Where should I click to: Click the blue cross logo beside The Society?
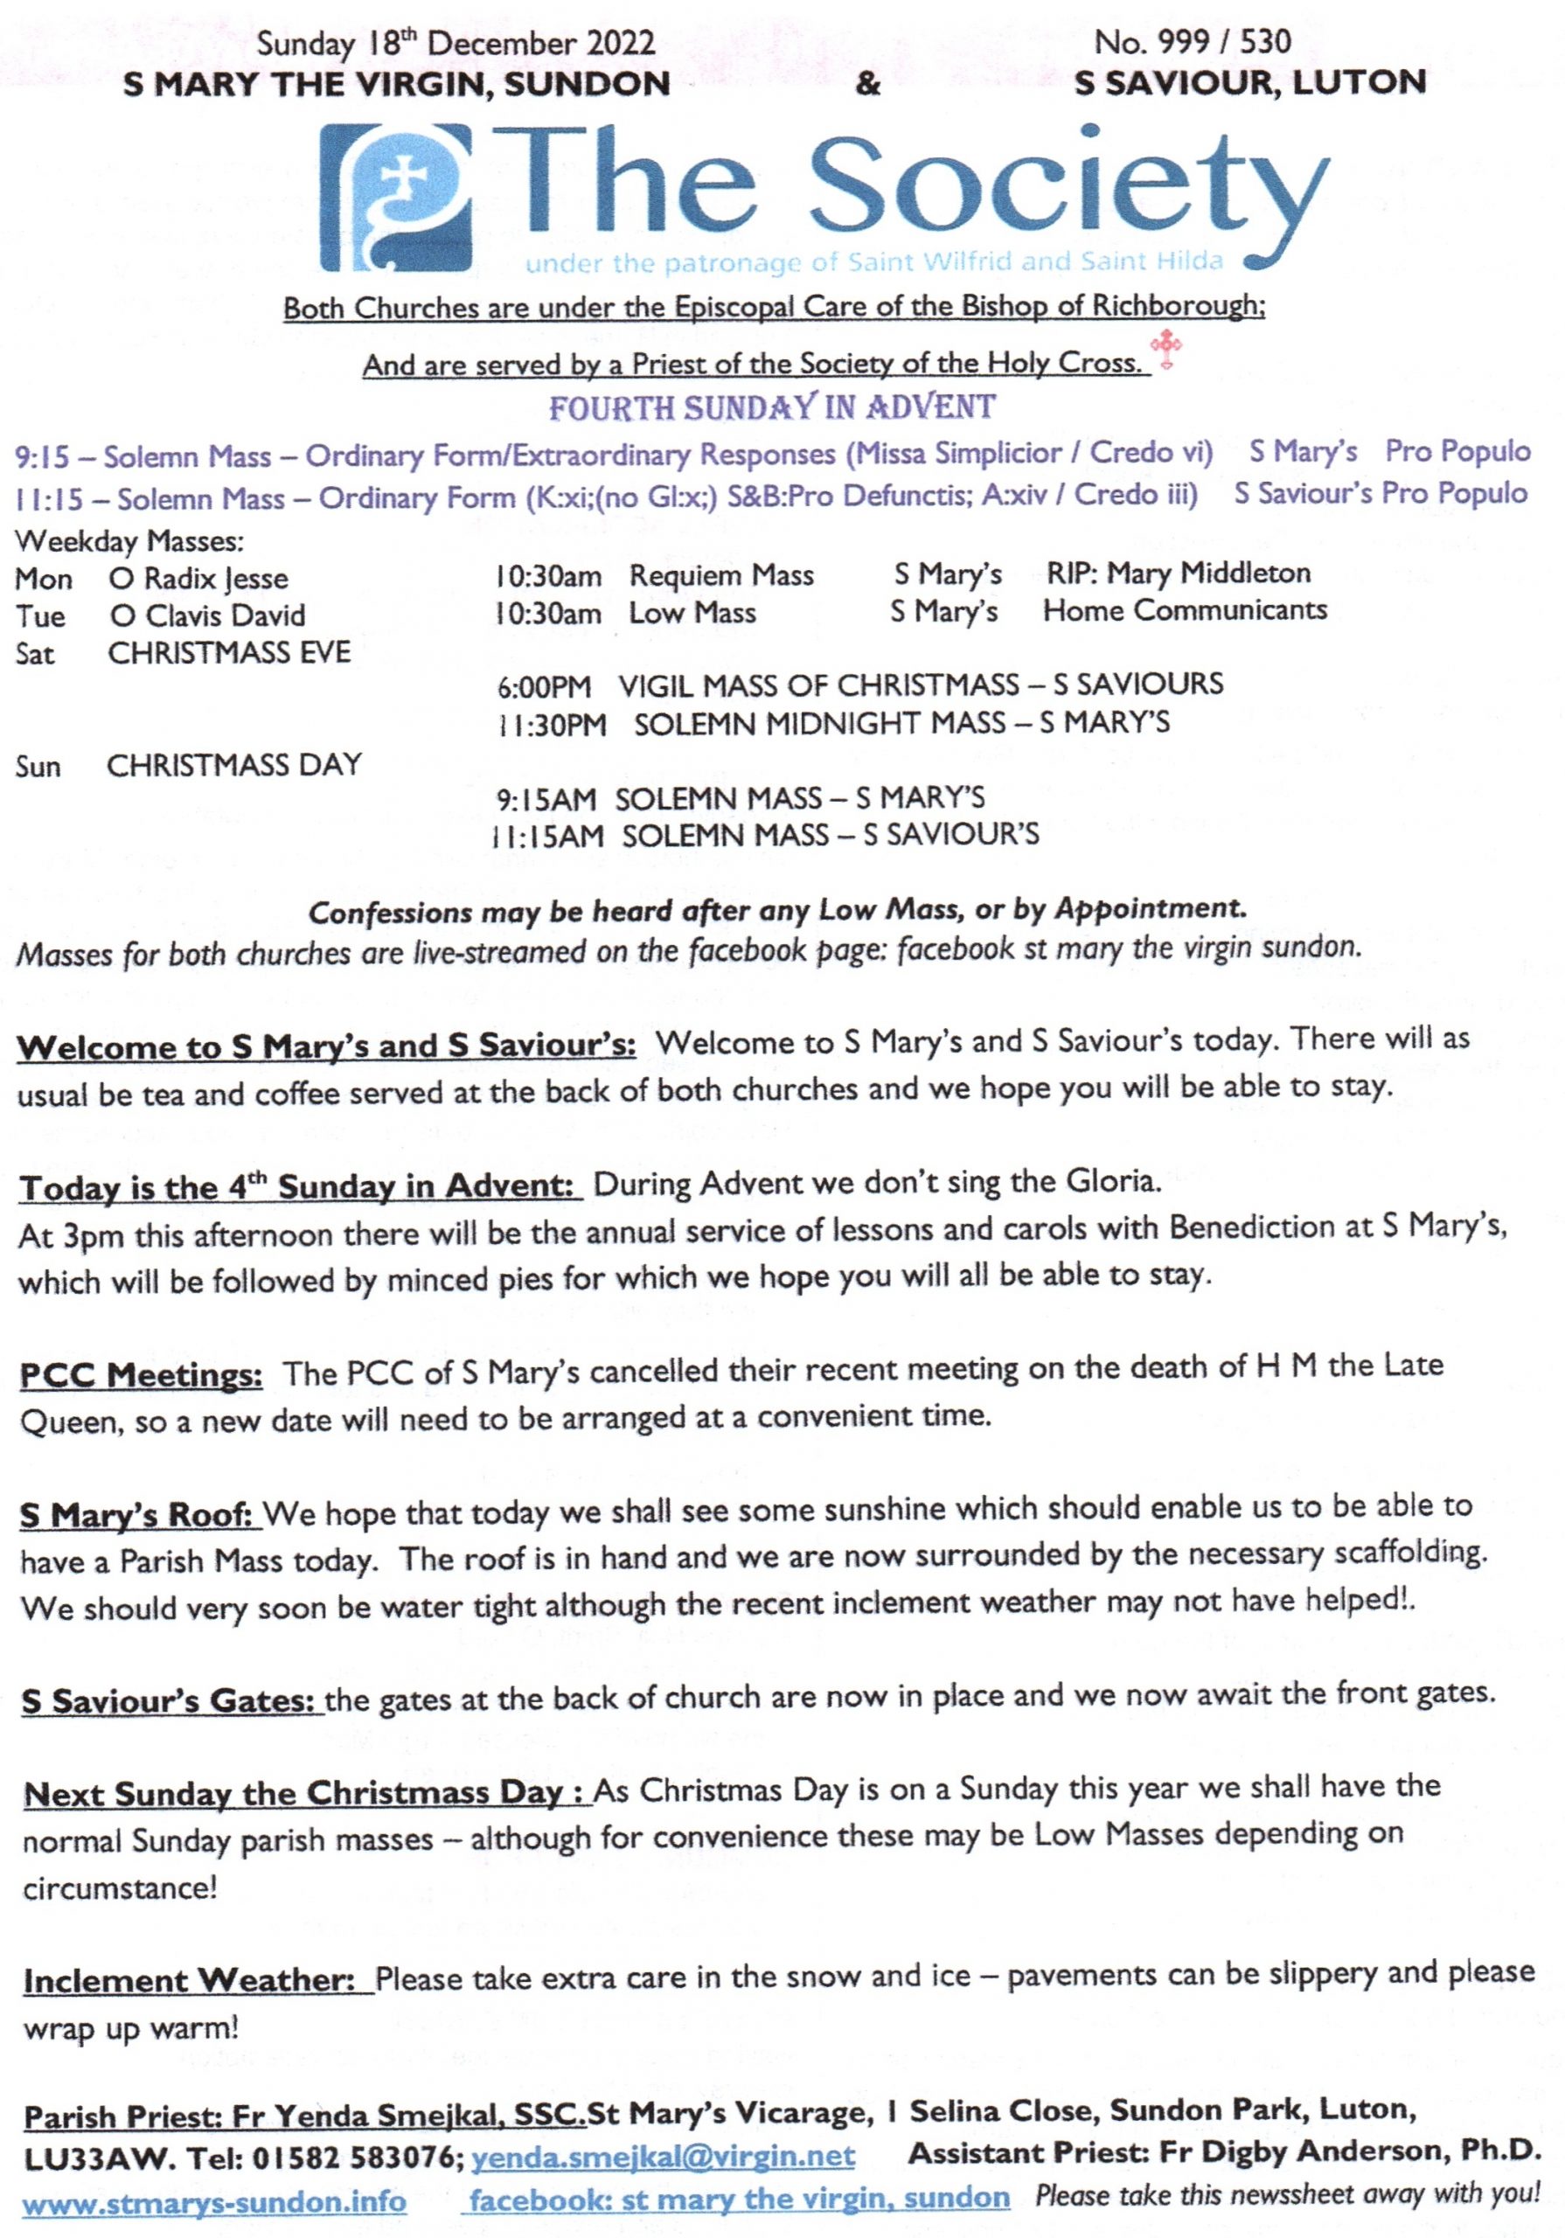click(x=395, y=198)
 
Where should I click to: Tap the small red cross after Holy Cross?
click(x=1165, y=348)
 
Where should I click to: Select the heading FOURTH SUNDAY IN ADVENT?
click(x=771, y=407)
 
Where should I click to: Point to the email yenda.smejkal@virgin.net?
click(x=663, y=2156)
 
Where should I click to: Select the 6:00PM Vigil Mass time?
click(x=543, y=687)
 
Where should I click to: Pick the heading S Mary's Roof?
click(x=136, y=1516)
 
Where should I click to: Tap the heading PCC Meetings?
click(x=142, y=1375)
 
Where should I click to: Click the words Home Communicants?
click(x=1185, y=611)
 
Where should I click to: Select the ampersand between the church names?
click(x=866, y=85)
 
